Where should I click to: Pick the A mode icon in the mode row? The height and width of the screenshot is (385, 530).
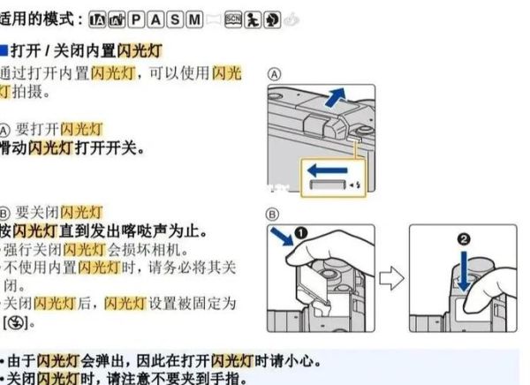pyautogui.click(x=154, y=19)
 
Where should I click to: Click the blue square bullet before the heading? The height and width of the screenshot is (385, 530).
pyautogui.click(x=4, y=50)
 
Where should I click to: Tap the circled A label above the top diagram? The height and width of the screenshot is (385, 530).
pyautogui.click(x=275, y=75)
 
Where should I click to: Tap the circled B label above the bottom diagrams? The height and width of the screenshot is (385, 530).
pyautogui.click(x=274, y=214)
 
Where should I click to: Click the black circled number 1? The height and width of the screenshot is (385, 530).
pyautogui.click(x=301, y=235)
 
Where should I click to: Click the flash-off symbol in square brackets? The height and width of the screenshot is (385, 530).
pyautogui.click(x=15, y=324)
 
